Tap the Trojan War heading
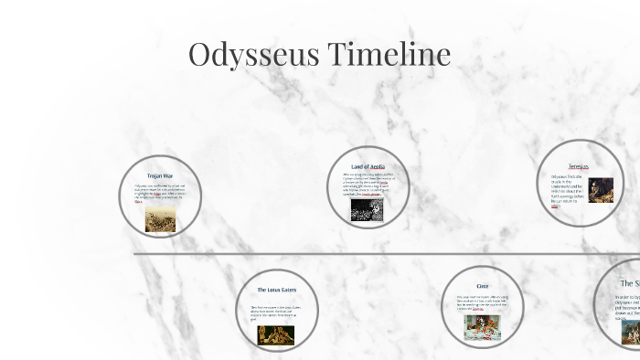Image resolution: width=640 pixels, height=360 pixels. click(160, 175)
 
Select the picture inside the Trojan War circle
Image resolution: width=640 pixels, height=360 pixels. click(160, 218)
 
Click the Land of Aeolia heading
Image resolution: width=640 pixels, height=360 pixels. click(368, 166)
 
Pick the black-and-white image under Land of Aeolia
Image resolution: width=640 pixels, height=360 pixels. click(367, 210)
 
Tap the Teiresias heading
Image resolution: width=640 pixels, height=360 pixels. click(578, 166)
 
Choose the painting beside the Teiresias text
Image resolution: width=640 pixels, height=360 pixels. click(600, 190)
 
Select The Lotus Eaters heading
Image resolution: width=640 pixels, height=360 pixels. click(276, 290)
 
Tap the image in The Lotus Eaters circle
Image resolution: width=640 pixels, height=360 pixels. click(275, 334)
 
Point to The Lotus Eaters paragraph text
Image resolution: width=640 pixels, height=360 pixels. click(274, 312)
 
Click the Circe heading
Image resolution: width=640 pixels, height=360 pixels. click(482, 286)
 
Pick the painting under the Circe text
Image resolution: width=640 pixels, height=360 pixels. click(482, 326)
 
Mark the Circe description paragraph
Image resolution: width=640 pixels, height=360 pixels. click(481, 302)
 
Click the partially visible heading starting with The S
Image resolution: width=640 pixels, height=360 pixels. click(630, 283)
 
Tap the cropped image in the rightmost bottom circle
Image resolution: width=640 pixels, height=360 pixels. click(631, 333)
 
